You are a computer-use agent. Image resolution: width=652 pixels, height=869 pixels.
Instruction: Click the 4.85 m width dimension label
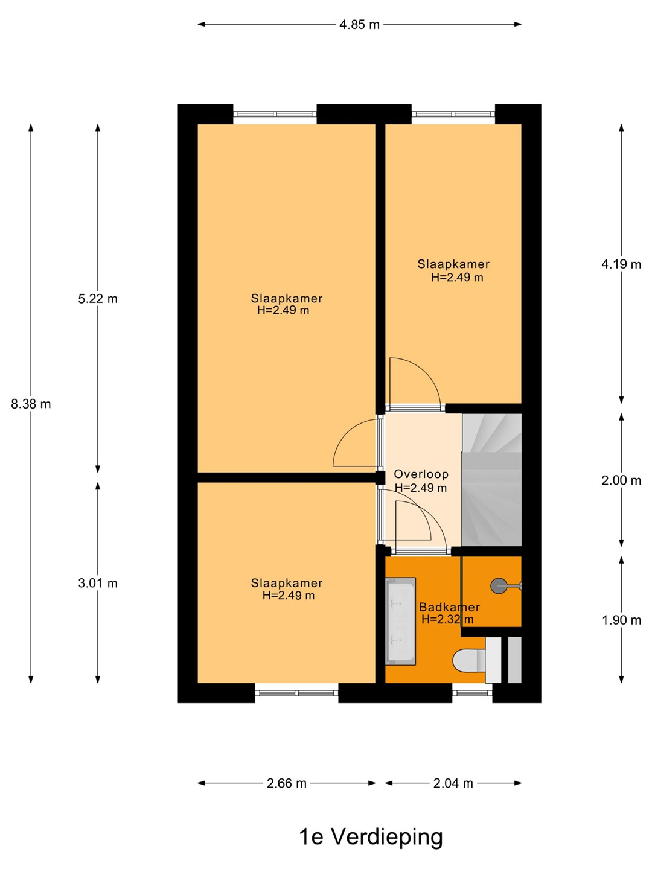click(359, 25)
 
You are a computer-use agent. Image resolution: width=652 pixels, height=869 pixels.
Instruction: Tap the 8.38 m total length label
click(31, 404)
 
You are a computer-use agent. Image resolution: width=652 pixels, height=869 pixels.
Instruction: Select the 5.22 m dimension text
click(98, 299)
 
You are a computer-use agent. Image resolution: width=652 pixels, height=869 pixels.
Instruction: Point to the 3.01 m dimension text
click(98, 583)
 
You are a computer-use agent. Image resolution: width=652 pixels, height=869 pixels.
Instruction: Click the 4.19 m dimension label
click(621, 264)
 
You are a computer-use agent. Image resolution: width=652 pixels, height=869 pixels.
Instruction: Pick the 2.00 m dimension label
click(621, 480)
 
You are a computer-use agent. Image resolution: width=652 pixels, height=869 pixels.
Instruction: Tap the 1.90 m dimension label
click(621, 620)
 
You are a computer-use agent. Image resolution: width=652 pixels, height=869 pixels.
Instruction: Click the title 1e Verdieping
click(371, 838)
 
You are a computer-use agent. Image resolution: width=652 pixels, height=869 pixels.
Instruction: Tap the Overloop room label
click(421, 474)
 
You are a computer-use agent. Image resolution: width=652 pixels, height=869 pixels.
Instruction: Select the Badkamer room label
click(449, 607)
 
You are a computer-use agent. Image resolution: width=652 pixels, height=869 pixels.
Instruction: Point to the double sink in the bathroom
click(401, 621)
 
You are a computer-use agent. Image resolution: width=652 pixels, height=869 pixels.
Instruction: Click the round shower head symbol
click(499, 586)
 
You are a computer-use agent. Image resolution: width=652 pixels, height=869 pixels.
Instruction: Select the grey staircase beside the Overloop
click(491, 480)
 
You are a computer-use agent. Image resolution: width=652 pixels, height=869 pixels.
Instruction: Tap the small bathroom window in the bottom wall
click(472, 693)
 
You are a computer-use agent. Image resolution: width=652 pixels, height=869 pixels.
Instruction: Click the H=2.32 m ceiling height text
click(447, 619)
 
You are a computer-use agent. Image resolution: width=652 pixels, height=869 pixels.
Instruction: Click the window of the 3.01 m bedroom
click(296, 693)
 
